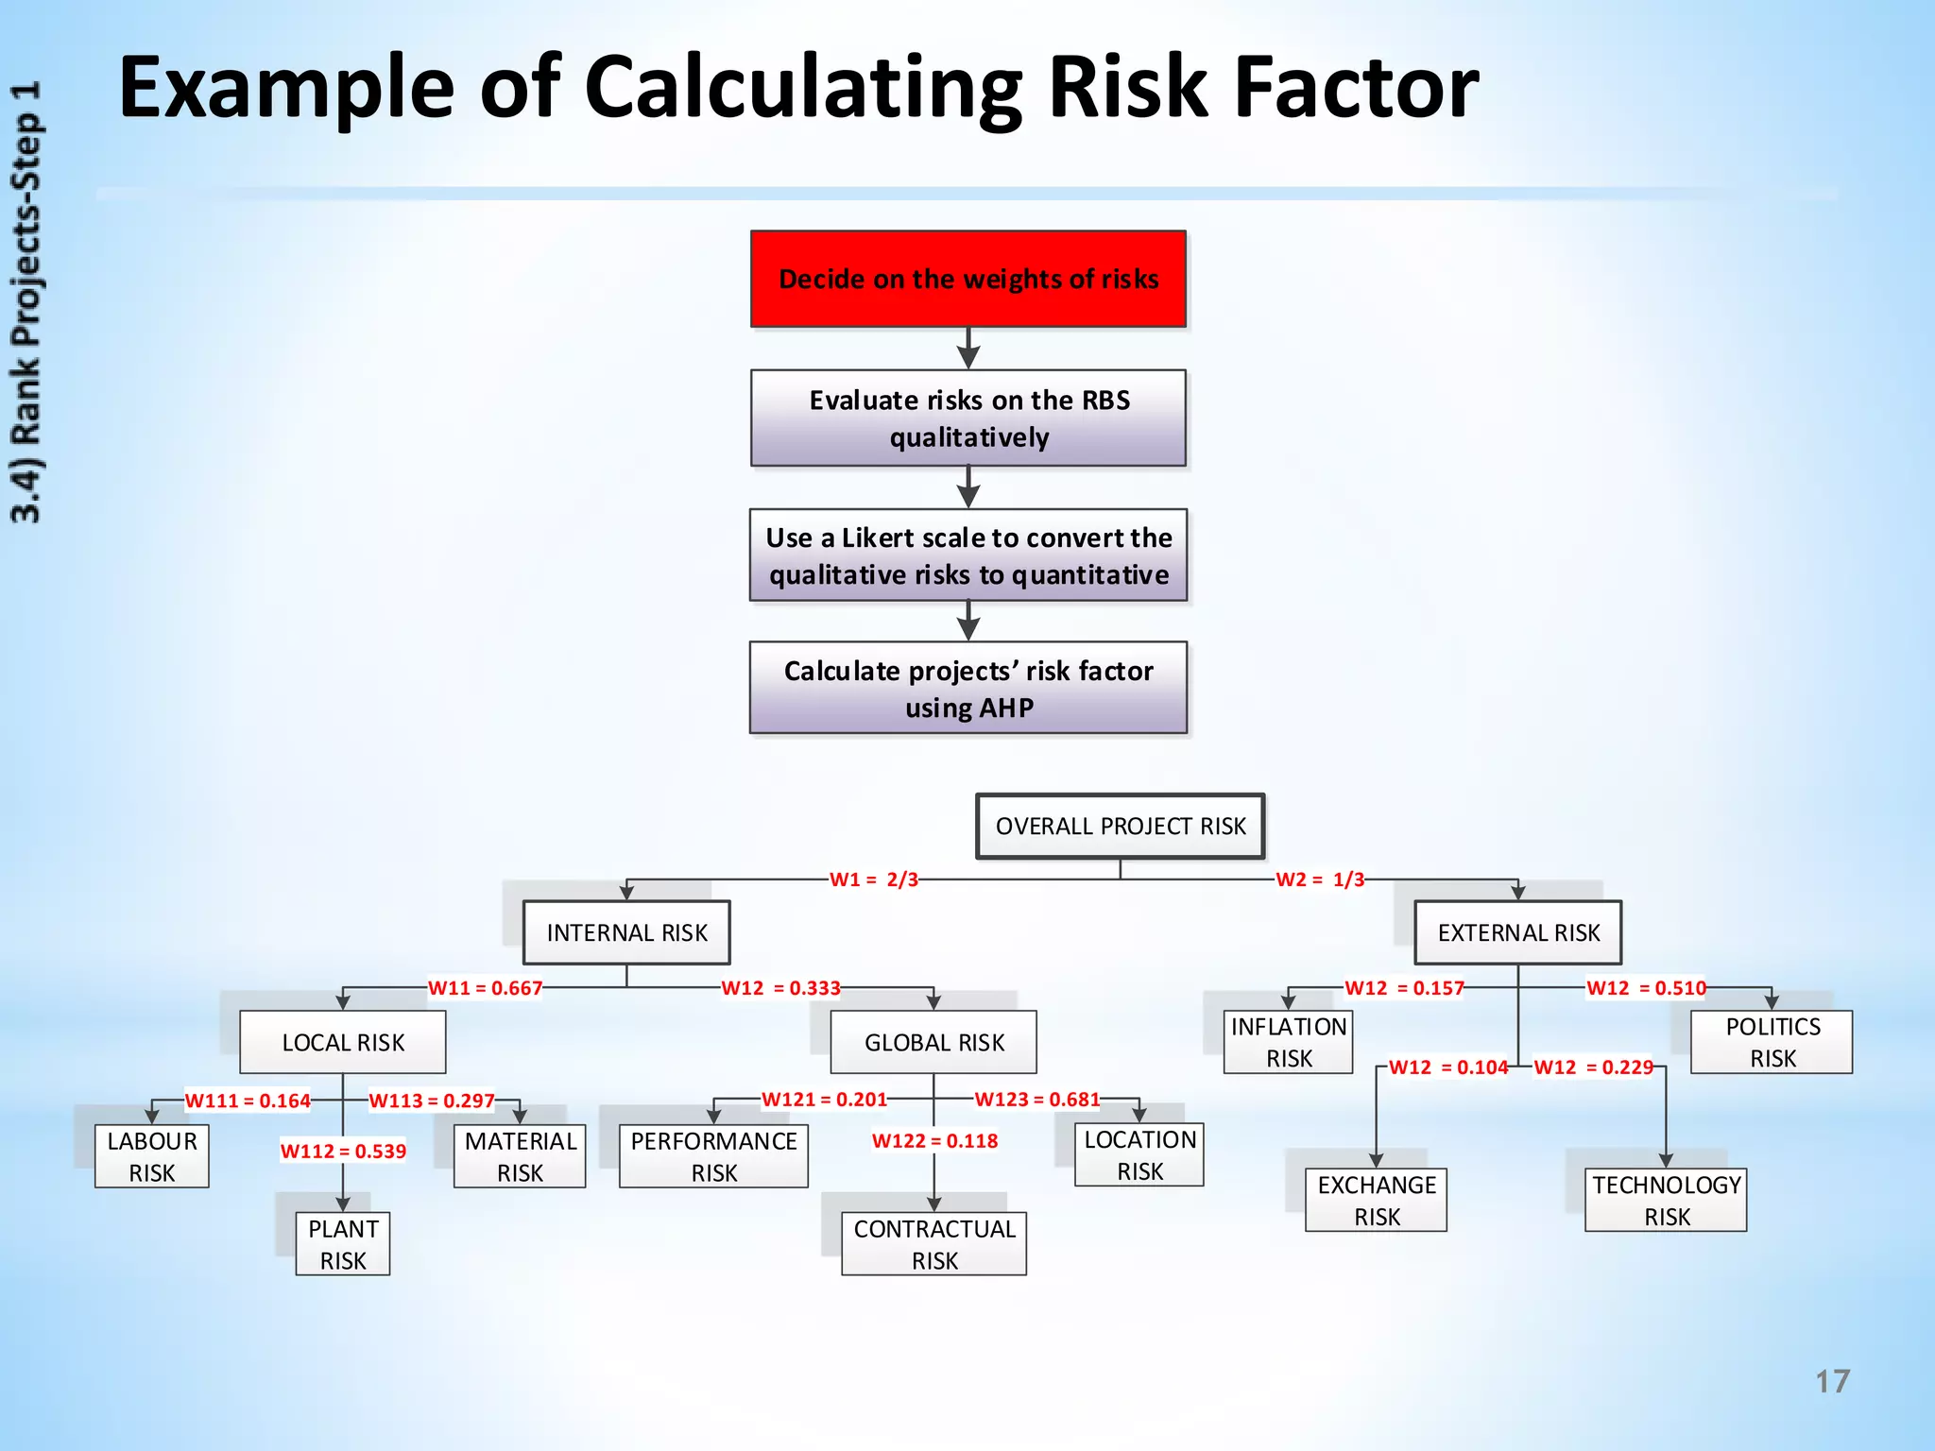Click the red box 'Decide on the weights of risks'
(967, 279)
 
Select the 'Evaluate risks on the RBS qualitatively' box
(967, 418)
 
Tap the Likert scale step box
(967, 555)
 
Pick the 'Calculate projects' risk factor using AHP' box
(967, 688)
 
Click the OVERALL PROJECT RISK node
(1120, 826)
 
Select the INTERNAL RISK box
(626, 932)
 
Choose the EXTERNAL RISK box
(1517, 932)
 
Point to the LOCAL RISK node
(342, 1042)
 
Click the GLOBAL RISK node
(933, 1042)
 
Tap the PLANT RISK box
(342, 1244)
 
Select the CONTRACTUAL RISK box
(933, 1244)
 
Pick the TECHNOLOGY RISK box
(1666, 1200)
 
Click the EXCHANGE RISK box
(1376, 1200)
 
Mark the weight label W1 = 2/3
(873, 879)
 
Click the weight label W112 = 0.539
(343, 1151)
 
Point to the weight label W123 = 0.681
(1036, 1099)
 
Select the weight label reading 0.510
(1646, 988)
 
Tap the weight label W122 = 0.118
(934, 1140)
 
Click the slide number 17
(1832, 1381)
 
